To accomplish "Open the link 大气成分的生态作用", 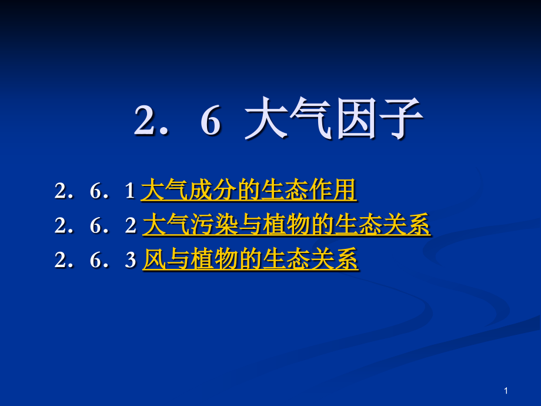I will click(249, 191).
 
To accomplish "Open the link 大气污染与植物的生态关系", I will click(286, 225).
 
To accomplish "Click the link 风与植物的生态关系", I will click(251, 259).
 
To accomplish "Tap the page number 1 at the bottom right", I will click(506, 391).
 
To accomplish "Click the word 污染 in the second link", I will click(203, 225).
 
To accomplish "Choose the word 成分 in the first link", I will click(202, 191).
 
